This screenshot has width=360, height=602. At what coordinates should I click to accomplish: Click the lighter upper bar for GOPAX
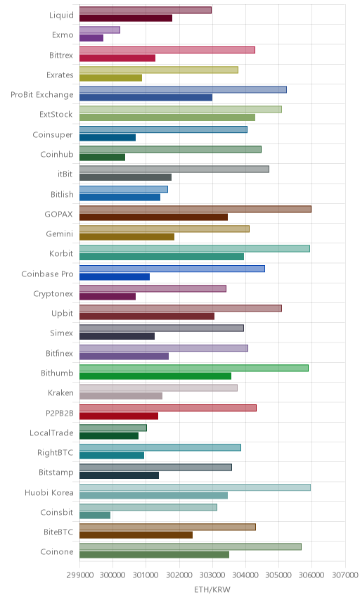pos(195,209)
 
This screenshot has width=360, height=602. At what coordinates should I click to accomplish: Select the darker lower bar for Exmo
pos(91,38)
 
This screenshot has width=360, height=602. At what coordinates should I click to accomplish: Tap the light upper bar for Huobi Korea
pos(195,487)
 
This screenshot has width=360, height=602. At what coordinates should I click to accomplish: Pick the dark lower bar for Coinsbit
pos(95,515)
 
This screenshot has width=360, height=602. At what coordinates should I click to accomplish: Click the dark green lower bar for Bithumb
pos(155,376)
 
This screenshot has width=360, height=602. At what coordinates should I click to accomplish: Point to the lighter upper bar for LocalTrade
pos(113,428)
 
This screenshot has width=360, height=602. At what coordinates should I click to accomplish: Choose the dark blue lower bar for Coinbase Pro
pos(115,277)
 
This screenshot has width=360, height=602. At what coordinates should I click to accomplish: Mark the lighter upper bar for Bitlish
pos(124,189)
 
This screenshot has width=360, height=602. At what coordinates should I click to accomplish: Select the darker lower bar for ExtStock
pos(167,117)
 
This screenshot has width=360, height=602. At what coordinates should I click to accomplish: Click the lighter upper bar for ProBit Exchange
pos(183,89)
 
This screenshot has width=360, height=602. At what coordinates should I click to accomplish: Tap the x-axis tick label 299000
pos(80,575)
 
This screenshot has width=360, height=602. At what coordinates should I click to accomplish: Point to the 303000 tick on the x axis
pos(212,575)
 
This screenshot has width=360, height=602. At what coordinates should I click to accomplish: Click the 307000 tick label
pos(345,575)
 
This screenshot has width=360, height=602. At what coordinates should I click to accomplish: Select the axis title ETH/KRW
pos(212,590)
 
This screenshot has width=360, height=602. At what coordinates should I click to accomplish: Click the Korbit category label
pos(61,253)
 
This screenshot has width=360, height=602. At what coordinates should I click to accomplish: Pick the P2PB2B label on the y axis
pos(59,413)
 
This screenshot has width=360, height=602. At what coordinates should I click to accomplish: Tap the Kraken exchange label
pos(60,392)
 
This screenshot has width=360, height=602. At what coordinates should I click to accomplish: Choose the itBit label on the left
pos(65,174)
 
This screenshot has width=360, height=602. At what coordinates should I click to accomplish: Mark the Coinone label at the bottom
pos(57,551)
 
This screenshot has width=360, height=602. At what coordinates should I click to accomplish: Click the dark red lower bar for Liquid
pos(126,18)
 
